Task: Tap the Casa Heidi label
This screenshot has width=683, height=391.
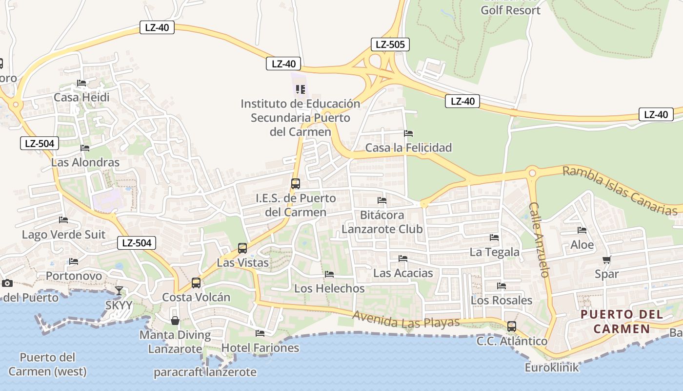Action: tap(81, 97)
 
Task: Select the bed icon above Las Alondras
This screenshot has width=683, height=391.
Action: tap(85, 148)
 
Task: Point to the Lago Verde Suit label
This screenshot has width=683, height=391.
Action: tap(63, 235)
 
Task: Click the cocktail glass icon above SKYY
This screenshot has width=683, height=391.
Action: tap(119, 291)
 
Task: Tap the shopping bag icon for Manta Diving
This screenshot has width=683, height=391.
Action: tap(175, 321)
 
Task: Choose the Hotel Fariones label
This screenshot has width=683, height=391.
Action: tap(260, 348)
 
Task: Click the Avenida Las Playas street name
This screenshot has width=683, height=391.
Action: tap(406, 320)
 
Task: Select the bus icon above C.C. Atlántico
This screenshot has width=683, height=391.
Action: tap(511, 326)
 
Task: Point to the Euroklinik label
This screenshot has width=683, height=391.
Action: tap(552, 367)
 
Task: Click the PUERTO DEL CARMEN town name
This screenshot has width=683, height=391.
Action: tap(622, 321)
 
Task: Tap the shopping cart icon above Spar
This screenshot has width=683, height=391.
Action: tap(606, 260)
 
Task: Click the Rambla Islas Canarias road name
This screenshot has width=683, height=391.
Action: tap(620, 191)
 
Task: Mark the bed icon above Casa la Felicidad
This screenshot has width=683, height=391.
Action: tap(408, 133)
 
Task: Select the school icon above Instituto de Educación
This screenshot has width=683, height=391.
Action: tap(301, 89)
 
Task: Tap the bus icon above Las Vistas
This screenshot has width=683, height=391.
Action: tap(242, 248)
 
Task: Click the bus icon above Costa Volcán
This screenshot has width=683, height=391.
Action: tap(196, 282)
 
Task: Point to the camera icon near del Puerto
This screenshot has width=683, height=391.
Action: tap(7, 283)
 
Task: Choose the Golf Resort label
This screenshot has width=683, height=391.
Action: tap(510, 10)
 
